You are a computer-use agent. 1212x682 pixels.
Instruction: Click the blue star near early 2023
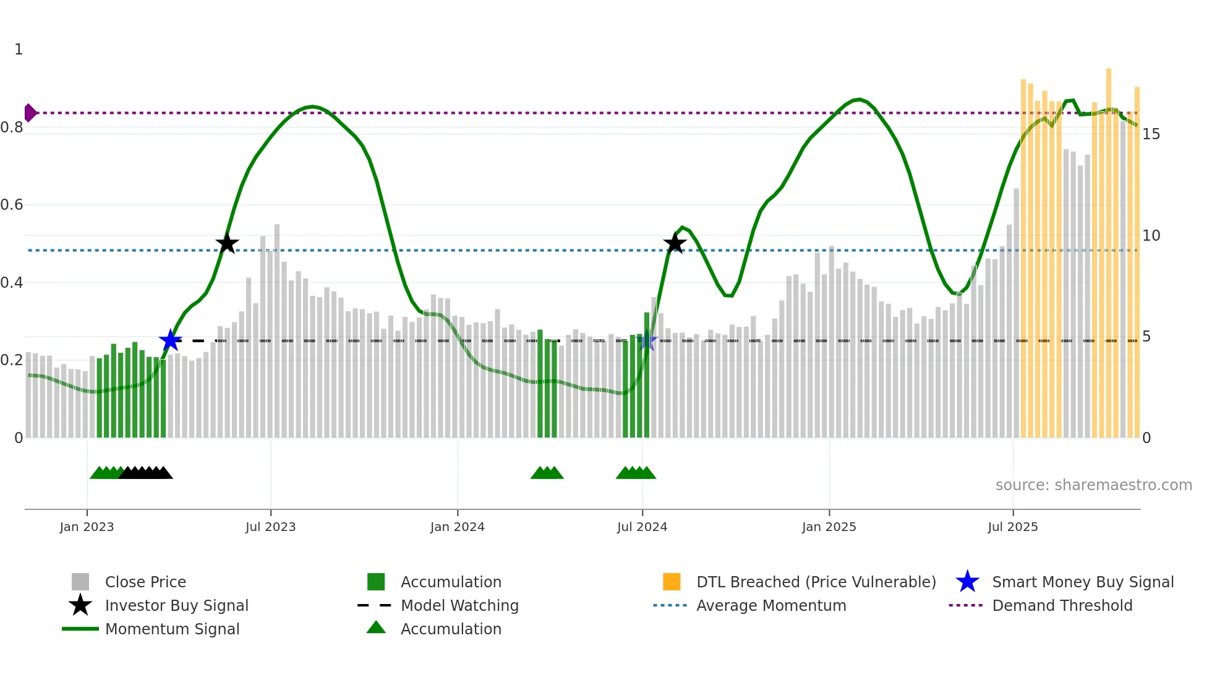(x=170, y=340)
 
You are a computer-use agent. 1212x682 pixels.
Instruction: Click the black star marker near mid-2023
(x=227, y=243)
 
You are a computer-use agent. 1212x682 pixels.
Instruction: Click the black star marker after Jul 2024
(x=675, y=243)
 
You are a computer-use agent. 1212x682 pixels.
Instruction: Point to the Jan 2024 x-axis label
(x=457, y=527)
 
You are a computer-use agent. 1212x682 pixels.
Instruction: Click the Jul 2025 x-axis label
(x=1012, y=527)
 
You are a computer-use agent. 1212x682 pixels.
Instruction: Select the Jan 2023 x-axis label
(x=87, y=527)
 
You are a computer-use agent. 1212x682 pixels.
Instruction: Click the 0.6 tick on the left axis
(x=12, y=205)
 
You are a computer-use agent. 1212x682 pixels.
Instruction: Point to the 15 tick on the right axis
(x=1151, y=134)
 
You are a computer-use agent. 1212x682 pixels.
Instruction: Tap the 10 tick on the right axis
(x=1151, y=236)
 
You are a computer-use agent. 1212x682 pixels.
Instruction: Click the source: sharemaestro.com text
(x=1093, y=485)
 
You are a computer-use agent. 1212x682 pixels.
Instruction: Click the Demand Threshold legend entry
(x=1062, y=606)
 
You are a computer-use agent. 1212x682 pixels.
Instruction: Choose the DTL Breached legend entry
(x=816, y=582)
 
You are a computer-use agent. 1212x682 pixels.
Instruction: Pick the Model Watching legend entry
(x=459, y=606)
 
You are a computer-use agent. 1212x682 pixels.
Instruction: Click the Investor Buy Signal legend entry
(x=176, y=606)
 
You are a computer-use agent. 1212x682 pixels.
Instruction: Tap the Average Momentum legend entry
(x=770, y=606)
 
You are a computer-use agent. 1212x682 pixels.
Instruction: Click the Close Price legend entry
(x=145, y=582)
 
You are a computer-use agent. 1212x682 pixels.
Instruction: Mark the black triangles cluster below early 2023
(x=146, y=473)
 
